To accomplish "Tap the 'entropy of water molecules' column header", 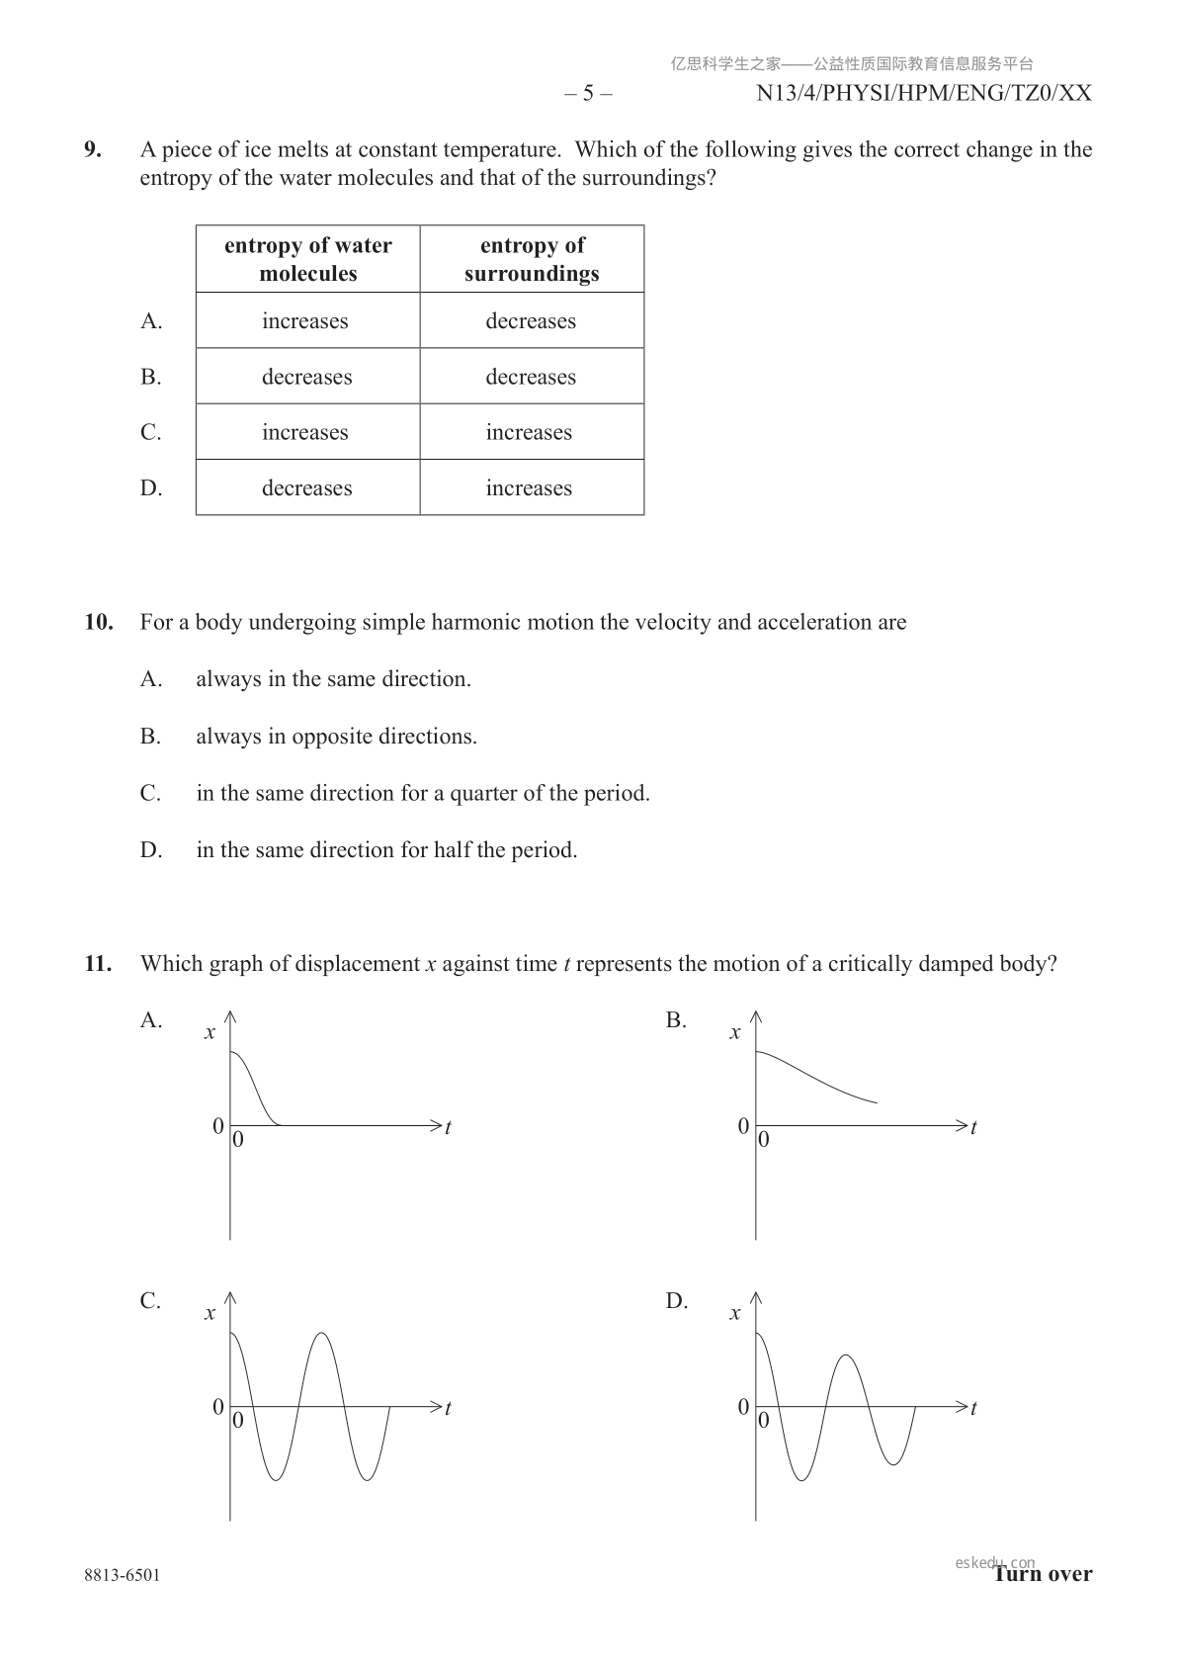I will (x=307, y=259).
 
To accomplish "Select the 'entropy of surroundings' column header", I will (x=532, y=259).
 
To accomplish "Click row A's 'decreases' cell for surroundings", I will (x=531, y=321).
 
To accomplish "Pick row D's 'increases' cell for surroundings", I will (x=529, y=488).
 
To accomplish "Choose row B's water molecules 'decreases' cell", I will (x=306, y=378).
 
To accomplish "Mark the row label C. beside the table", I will (x=150, y=433).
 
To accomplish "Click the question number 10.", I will (x=99, y=623).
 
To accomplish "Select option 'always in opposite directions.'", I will (x=336, y=737).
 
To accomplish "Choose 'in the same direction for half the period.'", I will (x=386, y=850).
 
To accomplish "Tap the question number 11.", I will (x=99, y=964).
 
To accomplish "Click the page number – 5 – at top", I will (x=588, y=94).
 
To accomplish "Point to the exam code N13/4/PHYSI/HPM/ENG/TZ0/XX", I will (x=923, y=94).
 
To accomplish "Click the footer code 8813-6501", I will (x=122, y=1575).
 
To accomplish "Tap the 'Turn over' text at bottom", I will (x=1044, y=1574).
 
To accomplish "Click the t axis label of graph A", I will (x=448, y=1127).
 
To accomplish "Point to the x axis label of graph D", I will (x=734, y=1314).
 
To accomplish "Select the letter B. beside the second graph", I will (x=676, y=1020).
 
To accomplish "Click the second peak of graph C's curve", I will (x=322, y=1335).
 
